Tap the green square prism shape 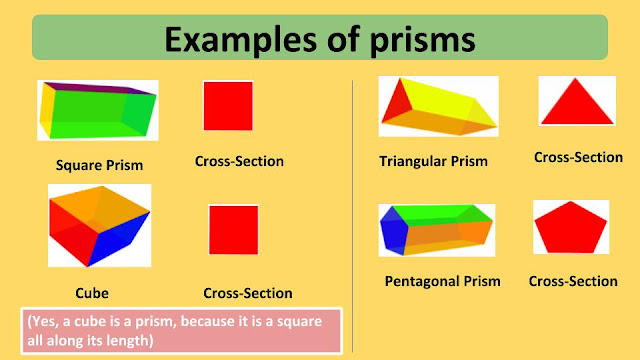(x=97, y=111)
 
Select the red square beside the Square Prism (x=228, y=105)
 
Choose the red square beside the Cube (x=234, y=229)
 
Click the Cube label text (x=91, y=293)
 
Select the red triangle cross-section (x=577, y=103)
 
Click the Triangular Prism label (x=433, y=161)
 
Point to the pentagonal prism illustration (x=436, y=230)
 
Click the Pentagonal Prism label (x=442, y=281)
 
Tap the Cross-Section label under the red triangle (x=578, y=157)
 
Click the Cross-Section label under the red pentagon (x=573, y=281)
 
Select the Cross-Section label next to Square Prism (x=239, y=160)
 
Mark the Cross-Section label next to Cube (x=247, y=293)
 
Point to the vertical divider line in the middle (x=353, y=210)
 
